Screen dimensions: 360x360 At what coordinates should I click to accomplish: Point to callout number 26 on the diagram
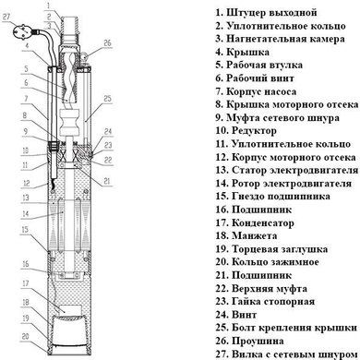(x=106, y=42)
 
